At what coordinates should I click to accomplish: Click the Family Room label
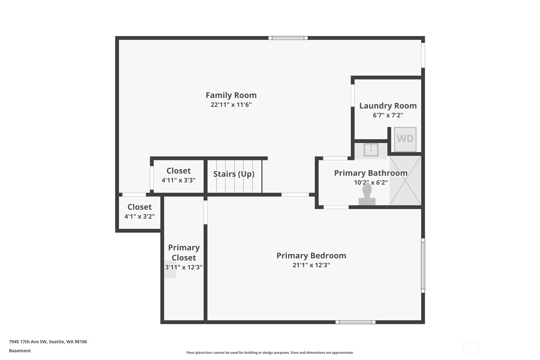point(231,95)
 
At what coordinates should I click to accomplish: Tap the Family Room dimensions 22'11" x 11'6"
point(231,105)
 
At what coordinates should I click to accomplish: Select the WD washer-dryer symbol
point(405,139)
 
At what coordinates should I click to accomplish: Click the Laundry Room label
point(388,106)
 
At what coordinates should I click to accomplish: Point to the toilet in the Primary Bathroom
point(367,194)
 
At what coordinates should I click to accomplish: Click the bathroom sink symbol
point(371,150)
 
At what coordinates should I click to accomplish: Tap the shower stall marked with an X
point(405,180)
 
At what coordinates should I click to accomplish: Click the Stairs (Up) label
point(234,174)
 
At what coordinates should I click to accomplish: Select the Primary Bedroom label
point(311,256)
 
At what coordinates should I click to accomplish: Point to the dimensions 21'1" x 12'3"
point(311,265)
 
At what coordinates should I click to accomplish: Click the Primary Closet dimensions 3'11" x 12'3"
point(184,267)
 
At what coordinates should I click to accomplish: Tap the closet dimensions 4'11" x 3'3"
point(179,180)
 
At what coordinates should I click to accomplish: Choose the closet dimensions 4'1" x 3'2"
point(139,216)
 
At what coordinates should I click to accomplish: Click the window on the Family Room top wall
point(288,38)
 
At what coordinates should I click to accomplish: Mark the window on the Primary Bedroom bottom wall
point(355,322)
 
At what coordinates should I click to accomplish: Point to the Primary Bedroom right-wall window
point(423,265)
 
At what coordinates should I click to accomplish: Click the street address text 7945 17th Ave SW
point(28,342)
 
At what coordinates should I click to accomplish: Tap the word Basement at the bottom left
point(20,351)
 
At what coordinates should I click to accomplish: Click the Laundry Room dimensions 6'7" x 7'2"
point(388,115)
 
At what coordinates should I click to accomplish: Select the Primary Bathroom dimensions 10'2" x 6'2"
point(371,182)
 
